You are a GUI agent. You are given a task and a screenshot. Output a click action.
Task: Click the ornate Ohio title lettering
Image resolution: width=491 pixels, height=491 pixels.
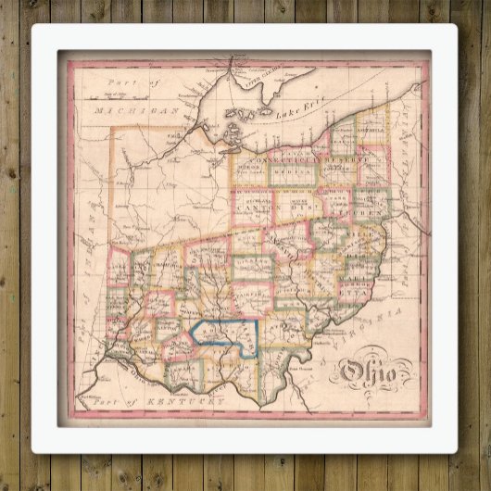[x=365, y=373]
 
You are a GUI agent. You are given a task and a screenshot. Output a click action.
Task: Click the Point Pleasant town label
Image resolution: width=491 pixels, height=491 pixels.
[x=307, y=371]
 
